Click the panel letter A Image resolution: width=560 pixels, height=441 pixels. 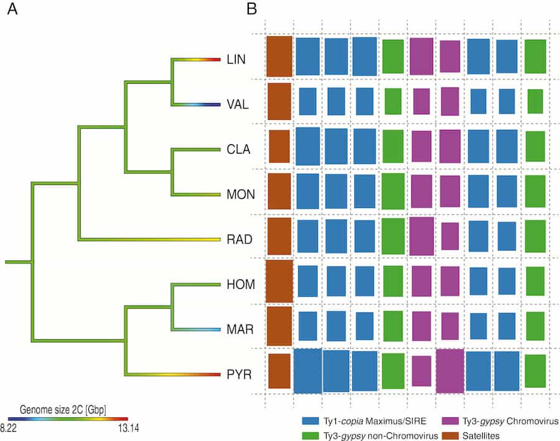tap(12, 11)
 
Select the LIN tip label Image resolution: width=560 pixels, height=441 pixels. tap(237, 60)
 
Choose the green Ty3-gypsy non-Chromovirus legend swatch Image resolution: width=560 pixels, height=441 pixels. tap(309, 436)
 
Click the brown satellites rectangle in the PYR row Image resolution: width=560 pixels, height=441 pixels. tap(279, 371)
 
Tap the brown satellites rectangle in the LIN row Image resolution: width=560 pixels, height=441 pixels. tap(279, 57)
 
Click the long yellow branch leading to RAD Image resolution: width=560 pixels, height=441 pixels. tap(149, 239)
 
